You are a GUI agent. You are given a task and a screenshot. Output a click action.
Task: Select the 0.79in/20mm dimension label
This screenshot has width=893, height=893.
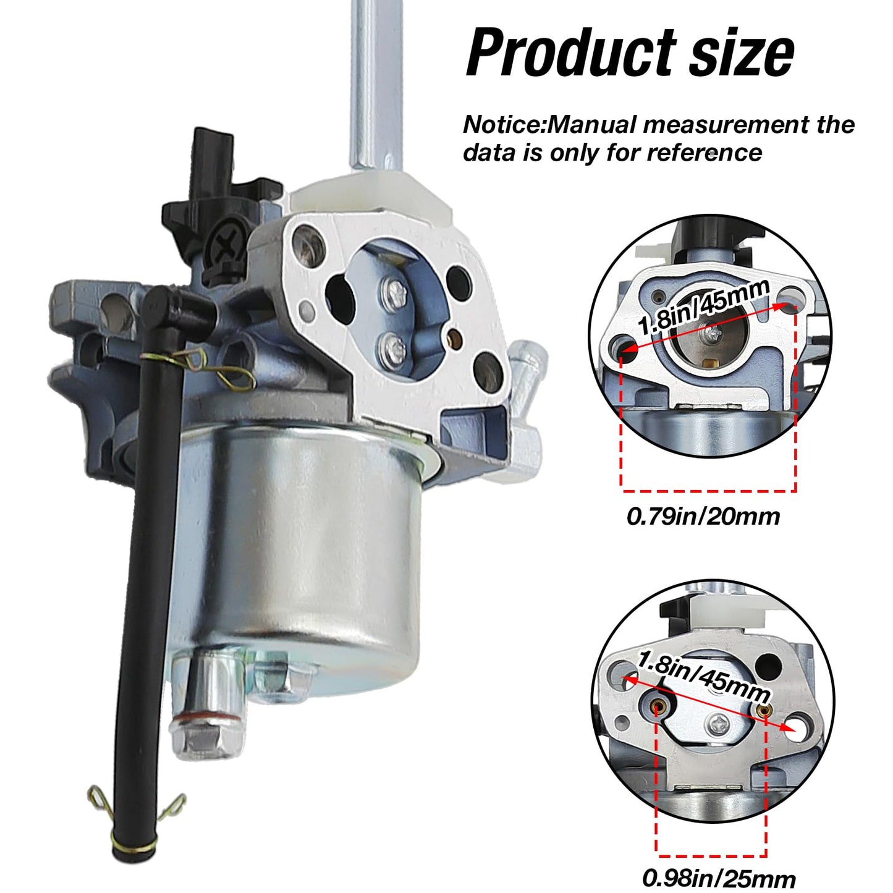coord(703,516)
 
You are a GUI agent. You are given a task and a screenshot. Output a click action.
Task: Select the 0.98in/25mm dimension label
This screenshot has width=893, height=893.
coord(719,878)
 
